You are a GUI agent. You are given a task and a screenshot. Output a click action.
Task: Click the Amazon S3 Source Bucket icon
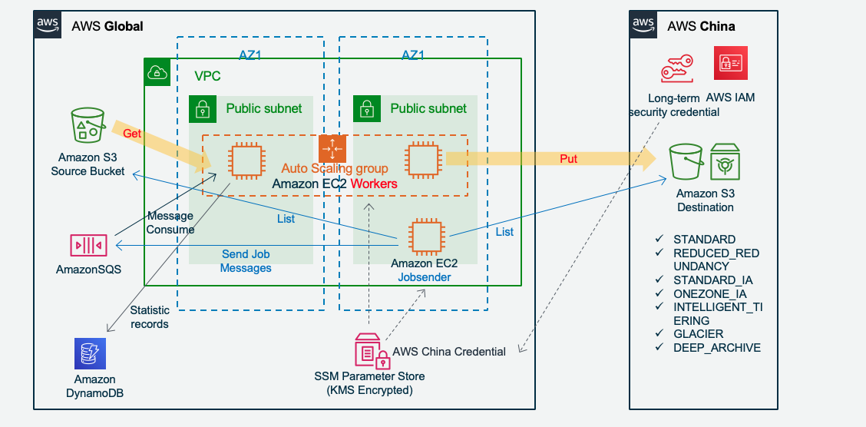point(87,125)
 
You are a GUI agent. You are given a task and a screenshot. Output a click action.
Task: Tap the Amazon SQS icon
point(88,245)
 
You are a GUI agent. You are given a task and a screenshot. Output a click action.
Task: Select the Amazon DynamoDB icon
point(90,353)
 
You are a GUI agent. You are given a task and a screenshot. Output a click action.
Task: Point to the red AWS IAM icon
point(729,64)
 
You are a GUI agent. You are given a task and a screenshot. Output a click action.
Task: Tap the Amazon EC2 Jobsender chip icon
point(425,237)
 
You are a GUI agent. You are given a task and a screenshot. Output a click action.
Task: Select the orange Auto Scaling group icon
point(332,148)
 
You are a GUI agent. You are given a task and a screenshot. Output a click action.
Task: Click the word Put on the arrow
point(568,159)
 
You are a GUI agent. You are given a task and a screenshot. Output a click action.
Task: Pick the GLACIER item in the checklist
point(698,333)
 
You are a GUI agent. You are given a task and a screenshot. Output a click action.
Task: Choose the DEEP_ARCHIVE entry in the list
point(716,348)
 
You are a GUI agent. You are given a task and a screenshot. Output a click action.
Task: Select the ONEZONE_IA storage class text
point(709,293)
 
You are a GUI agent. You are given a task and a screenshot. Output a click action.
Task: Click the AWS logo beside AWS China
point(644,25)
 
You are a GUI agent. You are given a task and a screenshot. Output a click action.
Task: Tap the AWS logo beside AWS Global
point(48,25)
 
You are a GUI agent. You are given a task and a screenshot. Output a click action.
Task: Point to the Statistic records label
point(150,316)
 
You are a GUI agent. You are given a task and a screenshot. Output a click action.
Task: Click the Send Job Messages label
point(246,261)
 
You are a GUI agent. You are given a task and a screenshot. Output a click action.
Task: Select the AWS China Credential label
point(449,352)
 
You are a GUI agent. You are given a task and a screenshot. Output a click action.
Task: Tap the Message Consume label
point(170,223)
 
